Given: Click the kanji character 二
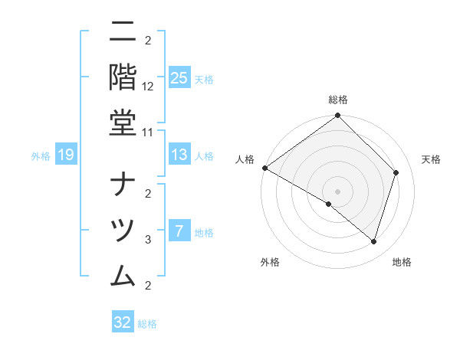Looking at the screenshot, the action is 123,34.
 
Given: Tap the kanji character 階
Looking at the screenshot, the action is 123,78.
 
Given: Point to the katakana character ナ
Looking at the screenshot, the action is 123,185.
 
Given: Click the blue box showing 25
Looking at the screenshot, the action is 179,77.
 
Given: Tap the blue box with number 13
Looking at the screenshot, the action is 179,155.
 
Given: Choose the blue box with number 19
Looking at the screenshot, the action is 66,155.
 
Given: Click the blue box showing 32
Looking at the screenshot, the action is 123,322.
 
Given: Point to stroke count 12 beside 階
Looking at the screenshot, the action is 148,87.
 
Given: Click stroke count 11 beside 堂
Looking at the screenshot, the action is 148,132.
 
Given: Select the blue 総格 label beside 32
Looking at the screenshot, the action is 147,324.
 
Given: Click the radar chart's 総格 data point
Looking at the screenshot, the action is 337,116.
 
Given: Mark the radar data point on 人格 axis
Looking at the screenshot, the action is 264,168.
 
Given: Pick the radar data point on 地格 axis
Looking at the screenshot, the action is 373,241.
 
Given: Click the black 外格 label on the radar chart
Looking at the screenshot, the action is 270,262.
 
